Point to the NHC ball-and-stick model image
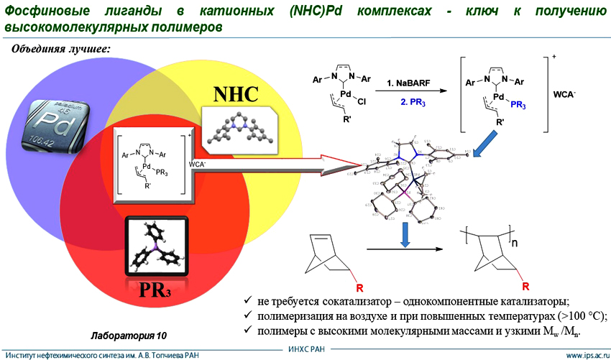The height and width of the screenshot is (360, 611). pos(238,128)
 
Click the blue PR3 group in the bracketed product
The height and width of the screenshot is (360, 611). pos(518,106)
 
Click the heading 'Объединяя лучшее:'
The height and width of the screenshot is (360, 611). pos(59,49)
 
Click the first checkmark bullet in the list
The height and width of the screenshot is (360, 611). pos(247,300)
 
